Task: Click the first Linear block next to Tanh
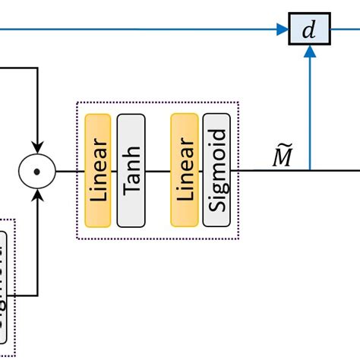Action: click(x=98, y=170)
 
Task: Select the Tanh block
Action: click(x=131, y=170)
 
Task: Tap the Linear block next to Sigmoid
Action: click(x=184, y=170)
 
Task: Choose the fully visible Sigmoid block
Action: click(x=216, y=170)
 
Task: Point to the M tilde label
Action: click(x=283, y=156)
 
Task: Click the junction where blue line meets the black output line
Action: click(x=309, y=170)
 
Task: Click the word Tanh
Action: click(x=131, y=170)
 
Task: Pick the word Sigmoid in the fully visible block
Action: click(x=216, y=170)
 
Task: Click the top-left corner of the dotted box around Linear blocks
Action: click(x=77, y=103)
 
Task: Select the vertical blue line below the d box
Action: click(x=309, y=114)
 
